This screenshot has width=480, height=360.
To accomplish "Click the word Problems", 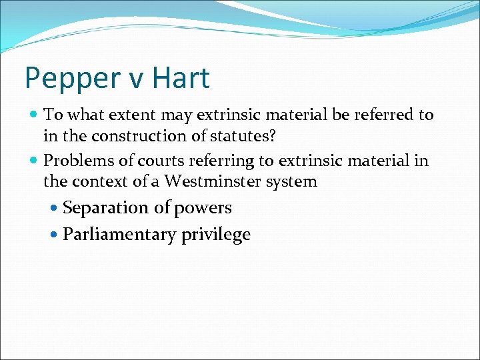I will click(74, 161).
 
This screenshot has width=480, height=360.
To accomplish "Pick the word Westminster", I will click(214, 181).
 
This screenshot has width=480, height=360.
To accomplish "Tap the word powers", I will click(203, 209).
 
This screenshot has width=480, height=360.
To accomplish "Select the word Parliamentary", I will click(120, 235).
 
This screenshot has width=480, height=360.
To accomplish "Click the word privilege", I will click(215, 235).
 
